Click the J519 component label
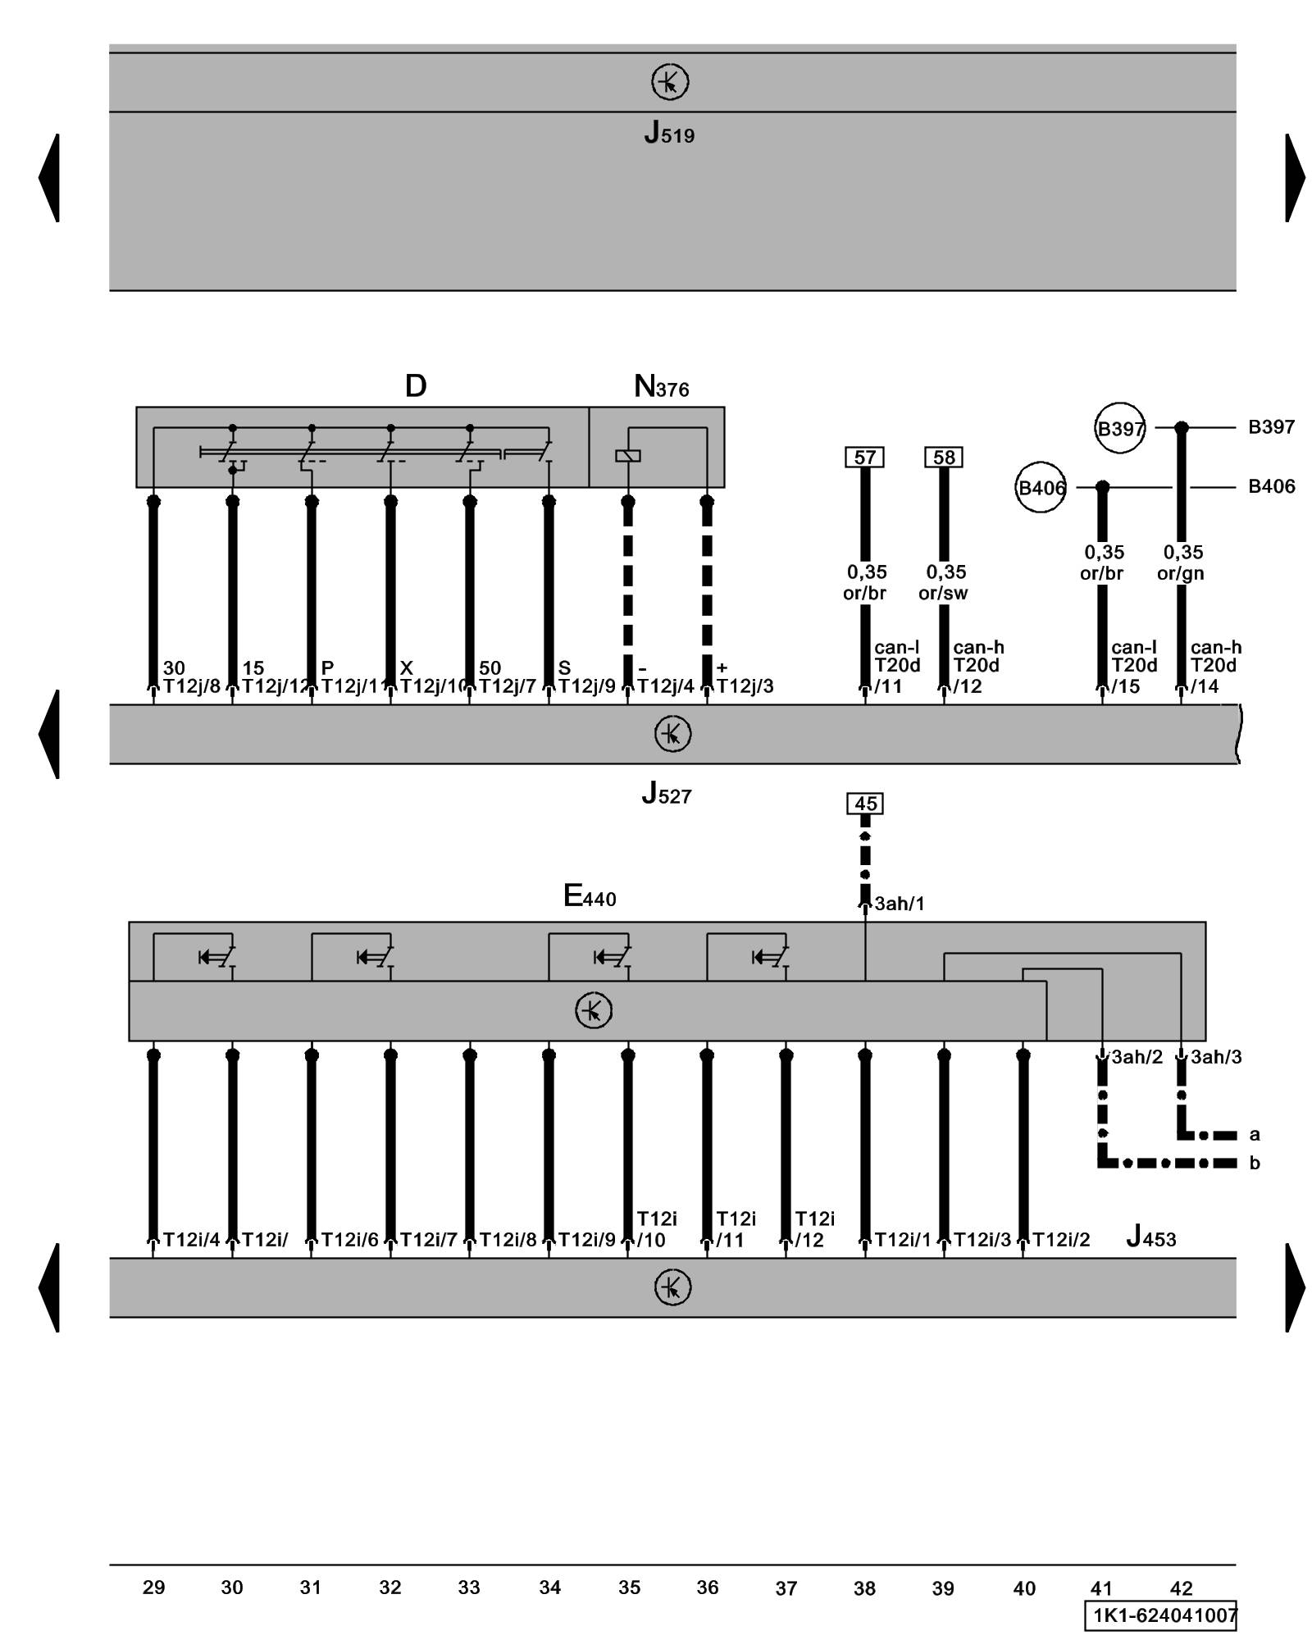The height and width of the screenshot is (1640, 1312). (x=668, y=133)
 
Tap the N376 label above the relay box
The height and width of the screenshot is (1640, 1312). (x=661, y=386)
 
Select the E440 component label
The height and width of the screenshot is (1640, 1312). (x=589, y=895)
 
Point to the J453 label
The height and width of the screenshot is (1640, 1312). (x=1150, y=1236)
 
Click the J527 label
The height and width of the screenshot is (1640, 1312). (x=666, y=793)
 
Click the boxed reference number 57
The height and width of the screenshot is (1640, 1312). (x=864, y=457)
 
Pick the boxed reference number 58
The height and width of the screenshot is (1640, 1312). (x=943, y=457)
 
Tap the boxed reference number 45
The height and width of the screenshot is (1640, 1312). (x=865, y=804)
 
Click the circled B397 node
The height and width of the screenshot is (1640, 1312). (x=1120, y=428)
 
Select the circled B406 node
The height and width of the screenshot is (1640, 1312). (x=1041, y=488)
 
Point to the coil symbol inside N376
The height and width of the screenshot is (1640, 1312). (x=627, y=456)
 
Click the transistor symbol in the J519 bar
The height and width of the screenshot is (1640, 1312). (x=670, y=82)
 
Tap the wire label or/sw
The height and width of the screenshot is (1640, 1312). (x=943, y=593)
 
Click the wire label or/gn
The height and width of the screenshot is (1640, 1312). (x=1180, y=573)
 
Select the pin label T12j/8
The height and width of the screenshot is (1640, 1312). (x=192, y=686)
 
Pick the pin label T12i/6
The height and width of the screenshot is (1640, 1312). (x=349, y=1240)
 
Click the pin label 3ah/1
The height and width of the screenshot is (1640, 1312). (x=899, y=904)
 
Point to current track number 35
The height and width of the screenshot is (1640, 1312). (x=629, y=1588)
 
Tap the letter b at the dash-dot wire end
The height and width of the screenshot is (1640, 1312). (x=1254, y=1163)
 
